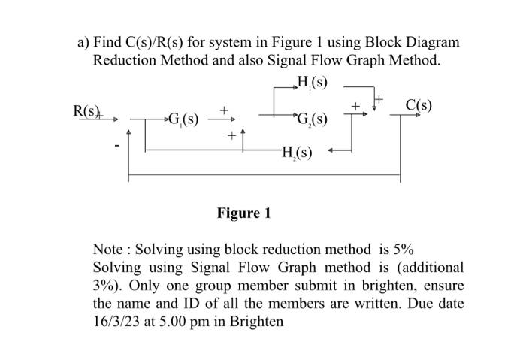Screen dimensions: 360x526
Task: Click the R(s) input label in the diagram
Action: pos(86,111)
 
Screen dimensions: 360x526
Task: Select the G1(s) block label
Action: pos(183,119)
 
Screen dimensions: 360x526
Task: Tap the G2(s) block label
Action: pos(312,119)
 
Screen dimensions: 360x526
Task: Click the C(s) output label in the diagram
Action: pos(418,104)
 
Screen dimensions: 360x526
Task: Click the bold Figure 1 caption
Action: pos(243,213)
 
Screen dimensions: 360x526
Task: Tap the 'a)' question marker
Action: pos(84,41)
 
